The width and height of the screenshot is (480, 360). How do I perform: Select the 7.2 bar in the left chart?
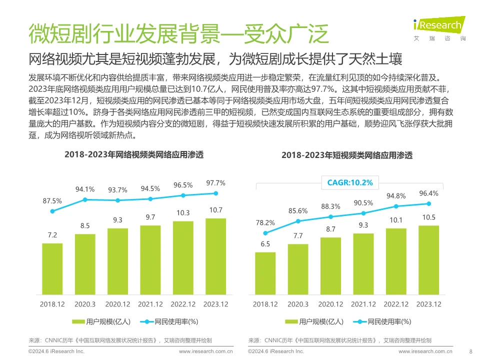[52, 269]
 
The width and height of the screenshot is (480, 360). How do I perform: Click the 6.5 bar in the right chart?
[265, 273]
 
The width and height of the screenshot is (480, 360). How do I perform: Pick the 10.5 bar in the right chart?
[429, 260]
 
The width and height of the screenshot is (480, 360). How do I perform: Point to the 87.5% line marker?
[52, 211]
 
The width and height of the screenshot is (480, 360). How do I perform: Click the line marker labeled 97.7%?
[216, 193]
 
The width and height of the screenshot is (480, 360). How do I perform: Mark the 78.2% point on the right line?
[265, 233]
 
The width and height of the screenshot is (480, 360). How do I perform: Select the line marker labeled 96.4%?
[429, 203]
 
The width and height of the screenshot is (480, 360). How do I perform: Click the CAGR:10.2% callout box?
[350, 182]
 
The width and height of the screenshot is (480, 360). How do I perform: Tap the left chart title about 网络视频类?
[134, 155]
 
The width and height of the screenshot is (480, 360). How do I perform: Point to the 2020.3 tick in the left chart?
[85, 304]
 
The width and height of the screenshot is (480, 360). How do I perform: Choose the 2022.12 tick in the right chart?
[396, 304]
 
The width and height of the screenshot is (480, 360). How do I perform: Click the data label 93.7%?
[118, 190]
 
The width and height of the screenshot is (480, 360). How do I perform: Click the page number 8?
[471, 351]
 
